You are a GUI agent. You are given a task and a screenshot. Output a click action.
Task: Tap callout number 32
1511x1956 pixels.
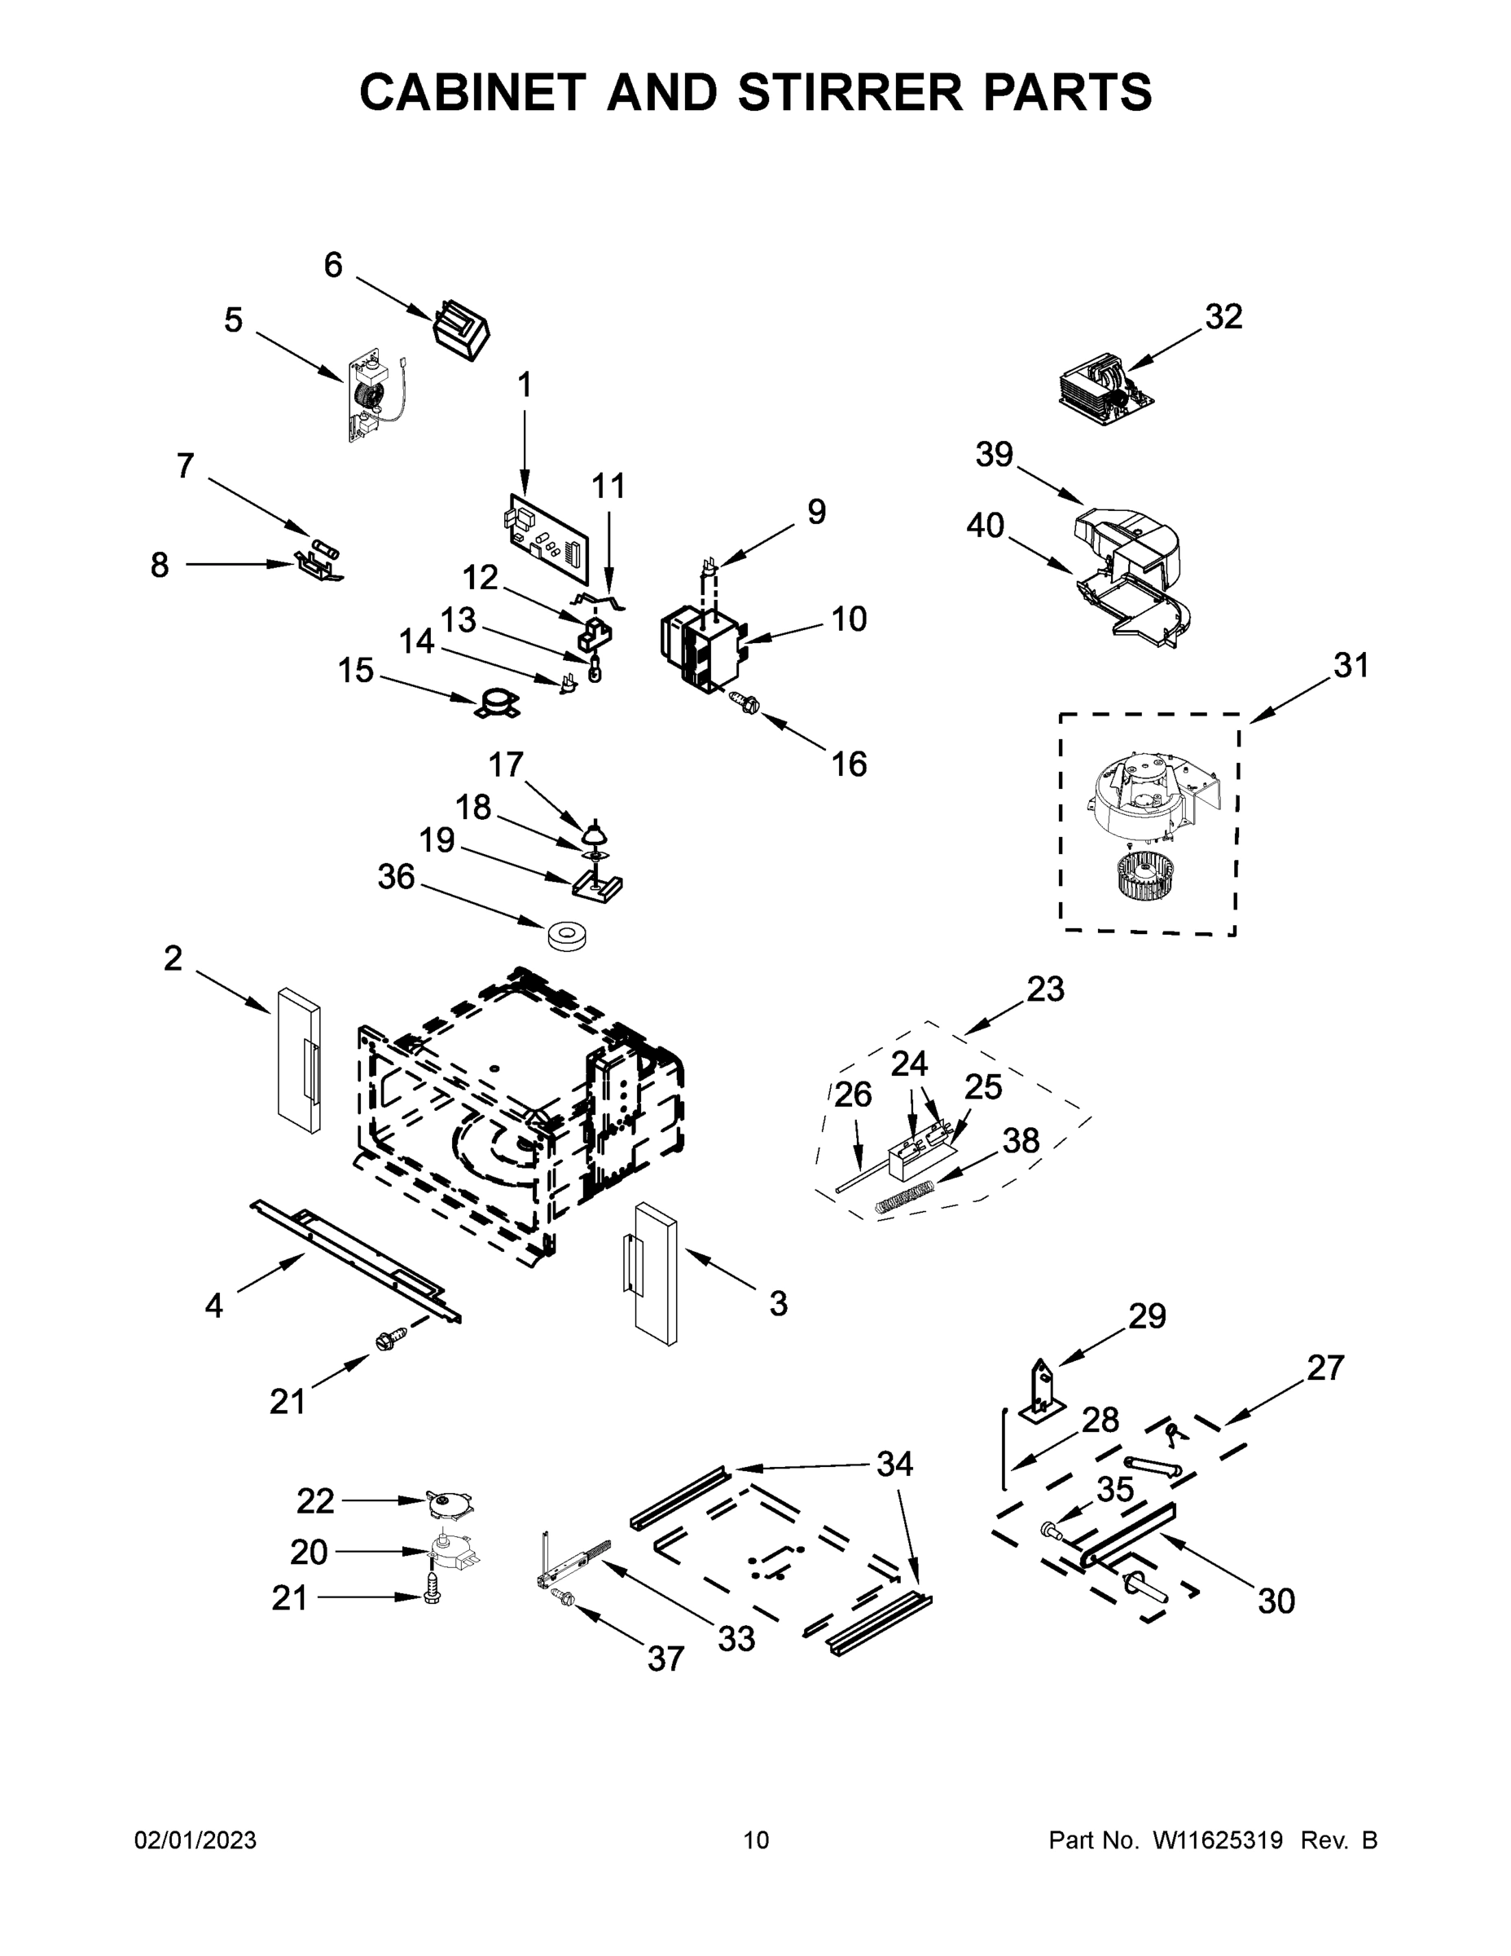coord(1223,317)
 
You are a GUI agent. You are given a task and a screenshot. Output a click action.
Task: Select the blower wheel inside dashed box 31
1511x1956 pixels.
coord(1148,875)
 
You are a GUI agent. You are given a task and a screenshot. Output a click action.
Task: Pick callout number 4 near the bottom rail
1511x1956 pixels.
coord(213,1306)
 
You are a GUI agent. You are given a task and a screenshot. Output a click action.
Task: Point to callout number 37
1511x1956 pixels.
coord(666,1659)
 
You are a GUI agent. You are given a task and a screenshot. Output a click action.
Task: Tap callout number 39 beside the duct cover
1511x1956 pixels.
coord(994,455)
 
